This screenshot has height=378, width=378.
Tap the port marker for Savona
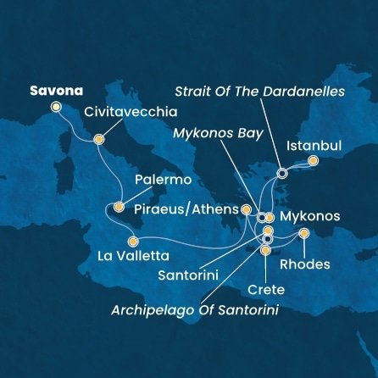pos(57,108)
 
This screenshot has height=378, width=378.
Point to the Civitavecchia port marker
pos(98,140)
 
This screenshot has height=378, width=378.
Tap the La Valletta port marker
pos(132,242)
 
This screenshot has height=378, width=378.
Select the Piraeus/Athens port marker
pos(246,209)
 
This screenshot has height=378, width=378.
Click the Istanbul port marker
pos(313,160)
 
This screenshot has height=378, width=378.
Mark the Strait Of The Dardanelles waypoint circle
pos(282,173)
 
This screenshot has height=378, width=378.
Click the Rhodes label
pos(309,264)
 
